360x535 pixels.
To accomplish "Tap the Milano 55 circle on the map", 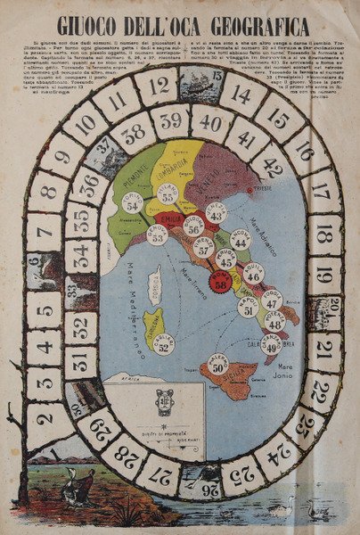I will point(168,194).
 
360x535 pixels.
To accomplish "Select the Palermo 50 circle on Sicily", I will point(218,363).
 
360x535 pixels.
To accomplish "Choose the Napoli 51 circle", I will point(248,306).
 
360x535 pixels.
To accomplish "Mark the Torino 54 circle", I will point(133,202).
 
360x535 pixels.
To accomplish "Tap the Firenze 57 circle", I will point(204,247).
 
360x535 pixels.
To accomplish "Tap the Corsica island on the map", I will point(154,284).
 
